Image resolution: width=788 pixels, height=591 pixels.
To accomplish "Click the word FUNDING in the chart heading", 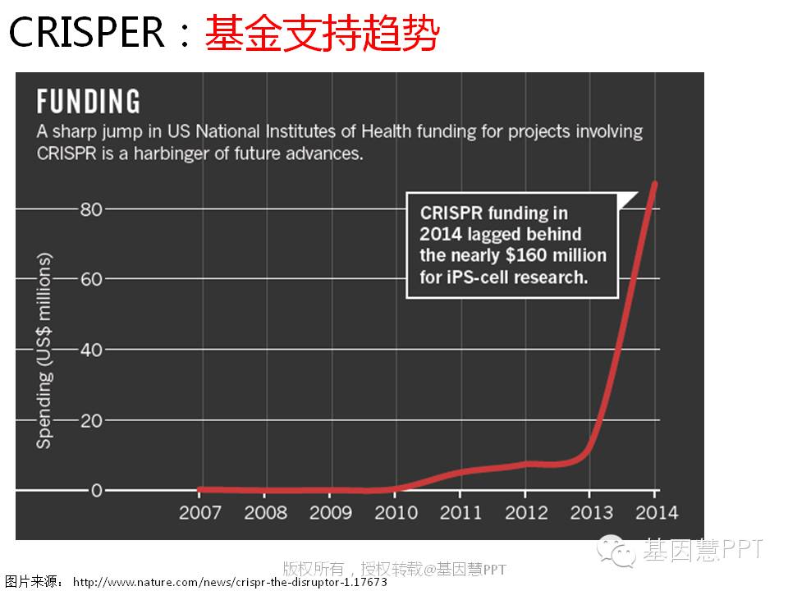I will [89, 102].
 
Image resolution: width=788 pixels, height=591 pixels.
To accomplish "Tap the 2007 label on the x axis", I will [200, 512].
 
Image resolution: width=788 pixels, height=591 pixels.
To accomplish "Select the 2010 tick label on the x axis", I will [396, 512].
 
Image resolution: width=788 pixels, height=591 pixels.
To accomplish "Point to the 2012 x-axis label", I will [525, 512].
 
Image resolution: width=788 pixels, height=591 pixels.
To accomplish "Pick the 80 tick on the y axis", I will [90, 209].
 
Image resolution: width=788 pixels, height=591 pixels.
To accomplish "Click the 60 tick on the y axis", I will [90, 279].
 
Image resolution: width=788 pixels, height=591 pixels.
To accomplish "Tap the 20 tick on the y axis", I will [90, 420].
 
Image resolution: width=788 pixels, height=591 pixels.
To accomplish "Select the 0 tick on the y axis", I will [97, 491].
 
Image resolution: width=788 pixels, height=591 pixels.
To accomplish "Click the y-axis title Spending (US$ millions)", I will [44, 350].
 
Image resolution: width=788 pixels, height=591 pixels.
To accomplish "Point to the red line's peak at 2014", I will [654, 184].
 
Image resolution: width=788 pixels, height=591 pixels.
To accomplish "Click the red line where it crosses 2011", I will [460, 472].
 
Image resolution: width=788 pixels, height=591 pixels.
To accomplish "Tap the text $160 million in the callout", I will [561, 255].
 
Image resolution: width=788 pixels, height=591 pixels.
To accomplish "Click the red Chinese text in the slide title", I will [321, 34].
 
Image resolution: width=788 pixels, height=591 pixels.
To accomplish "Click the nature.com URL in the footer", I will [230, 582].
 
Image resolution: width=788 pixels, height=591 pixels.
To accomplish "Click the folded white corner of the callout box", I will [627, 199].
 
